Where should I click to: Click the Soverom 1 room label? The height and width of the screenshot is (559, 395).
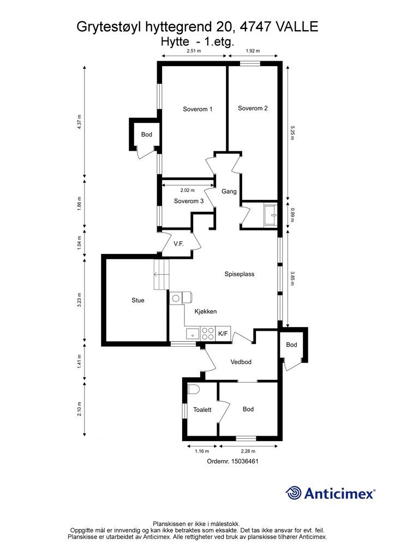click(x=197, y=109)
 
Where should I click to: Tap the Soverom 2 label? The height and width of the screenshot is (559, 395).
click(x=253, y=108)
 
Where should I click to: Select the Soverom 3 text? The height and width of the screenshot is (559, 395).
click(x=189, y=201)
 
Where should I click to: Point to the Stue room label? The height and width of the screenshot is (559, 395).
click(x=138, y=300)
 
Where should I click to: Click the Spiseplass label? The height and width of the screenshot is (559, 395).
click(x=240, y=274)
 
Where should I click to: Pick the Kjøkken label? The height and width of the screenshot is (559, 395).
click(x=206, y=311)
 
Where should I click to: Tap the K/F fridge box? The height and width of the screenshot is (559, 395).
click(x=223, y=334)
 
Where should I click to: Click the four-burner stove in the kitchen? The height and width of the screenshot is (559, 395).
click(x=208, y=334)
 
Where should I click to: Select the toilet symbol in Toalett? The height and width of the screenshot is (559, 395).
click(x=193, y=389)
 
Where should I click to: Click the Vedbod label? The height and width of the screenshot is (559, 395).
click(x=241, y=362)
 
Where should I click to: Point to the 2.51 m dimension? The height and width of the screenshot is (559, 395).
click(x=194, y=51)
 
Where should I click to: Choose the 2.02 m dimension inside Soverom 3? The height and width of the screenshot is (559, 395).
click(x=187, y=191)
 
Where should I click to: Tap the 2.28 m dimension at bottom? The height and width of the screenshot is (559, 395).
click(x=248, y=451)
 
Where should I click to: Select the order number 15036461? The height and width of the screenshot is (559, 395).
click(x=245, y=461)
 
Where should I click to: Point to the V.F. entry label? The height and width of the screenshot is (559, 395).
click(x=178, y=244)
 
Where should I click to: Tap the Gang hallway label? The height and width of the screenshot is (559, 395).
click(x=229, y=192)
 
